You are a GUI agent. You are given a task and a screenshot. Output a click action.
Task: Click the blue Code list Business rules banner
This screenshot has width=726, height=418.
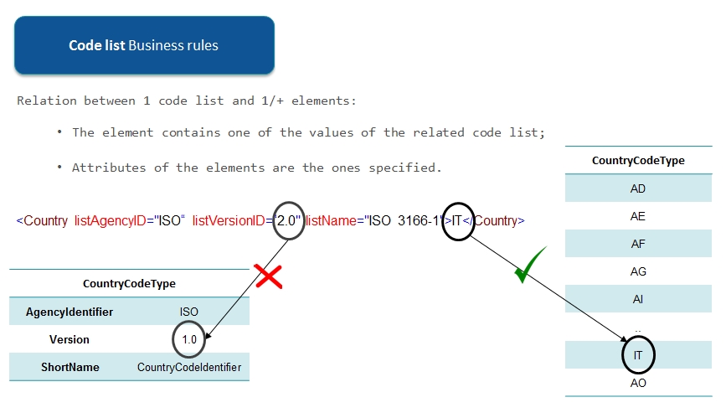[144, 44]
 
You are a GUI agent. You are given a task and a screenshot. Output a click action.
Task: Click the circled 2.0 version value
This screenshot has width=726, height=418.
[289, 221]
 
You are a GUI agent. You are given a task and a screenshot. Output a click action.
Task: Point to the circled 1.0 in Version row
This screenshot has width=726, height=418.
[188, 339]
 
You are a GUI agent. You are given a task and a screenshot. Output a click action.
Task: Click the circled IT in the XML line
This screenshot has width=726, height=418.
[458, 221]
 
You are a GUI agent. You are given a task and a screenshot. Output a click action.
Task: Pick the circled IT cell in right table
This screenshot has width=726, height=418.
[638, 355]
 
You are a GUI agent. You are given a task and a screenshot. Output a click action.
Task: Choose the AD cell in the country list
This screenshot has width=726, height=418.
[638, 188]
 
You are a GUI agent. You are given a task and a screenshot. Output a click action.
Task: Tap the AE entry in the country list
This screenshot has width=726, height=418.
[638, 216]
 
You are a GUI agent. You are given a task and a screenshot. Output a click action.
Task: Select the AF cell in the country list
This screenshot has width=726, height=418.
[638, 244]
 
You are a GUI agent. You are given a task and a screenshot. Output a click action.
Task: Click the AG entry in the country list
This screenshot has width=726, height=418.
[638, 271]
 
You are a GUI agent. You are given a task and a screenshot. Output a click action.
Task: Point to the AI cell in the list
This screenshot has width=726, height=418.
[638, 299]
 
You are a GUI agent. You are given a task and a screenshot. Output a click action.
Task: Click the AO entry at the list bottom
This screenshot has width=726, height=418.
[638, 383]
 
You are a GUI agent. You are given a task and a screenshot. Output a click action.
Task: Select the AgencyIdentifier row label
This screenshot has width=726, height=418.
[70, 312]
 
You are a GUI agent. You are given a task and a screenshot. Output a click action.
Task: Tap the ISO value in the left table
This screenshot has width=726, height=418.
[188, 312]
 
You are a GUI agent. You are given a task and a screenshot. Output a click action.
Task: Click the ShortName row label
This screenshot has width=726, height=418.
[70, 367]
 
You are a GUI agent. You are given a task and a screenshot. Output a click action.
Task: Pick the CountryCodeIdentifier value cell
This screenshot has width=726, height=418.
[189, 367]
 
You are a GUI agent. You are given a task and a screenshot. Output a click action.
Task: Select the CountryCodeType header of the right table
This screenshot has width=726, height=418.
[638, 160]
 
